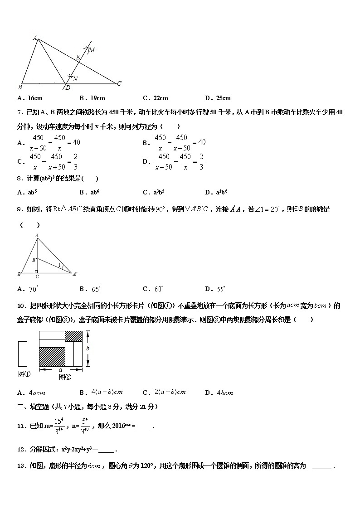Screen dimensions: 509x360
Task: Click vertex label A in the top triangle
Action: pos(35,39)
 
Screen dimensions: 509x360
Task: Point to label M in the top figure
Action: pos(92,50)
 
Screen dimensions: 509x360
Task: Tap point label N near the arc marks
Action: pos(75,79)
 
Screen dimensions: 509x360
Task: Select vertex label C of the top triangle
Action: pos(119,83)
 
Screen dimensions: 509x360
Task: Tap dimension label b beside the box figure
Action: pos(88,348)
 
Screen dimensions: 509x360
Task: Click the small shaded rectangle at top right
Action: pos(74,336)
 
